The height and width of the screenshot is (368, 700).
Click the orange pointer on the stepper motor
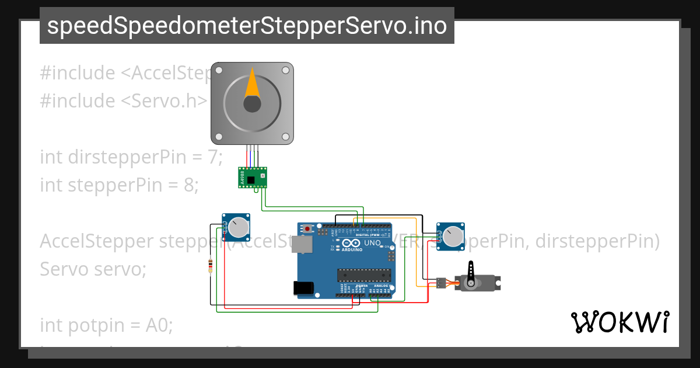tap(252, 84)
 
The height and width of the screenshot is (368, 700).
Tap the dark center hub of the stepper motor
tap(252, 104)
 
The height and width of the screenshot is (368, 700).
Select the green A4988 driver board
tap(253, 177)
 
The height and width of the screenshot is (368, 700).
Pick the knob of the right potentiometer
tap(453, 237)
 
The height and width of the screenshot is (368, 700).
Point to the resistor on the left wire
tap(210, 266)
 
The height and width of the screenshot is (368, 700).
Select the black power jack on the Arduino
tap(303, 287)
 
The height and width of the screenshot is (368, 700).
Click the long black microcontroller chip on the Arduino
tap(365, 273)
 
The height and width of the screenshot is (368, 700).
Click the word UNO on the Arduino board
tap(372, 243)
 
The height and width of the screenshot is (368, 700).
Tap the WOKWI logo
tap(619, 322)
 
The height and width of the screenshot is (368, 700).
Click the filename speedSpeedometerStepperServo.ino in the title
tap(247, 26)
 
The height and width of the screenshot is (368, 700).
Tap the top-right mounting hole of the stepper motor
tap(286, 70)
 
